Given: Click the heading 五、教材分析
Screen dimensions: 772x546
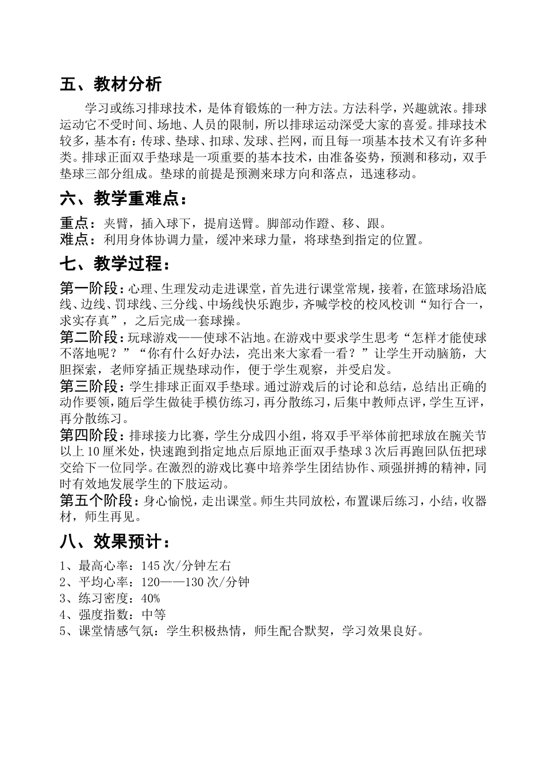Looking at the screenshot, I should [x=110, y=85].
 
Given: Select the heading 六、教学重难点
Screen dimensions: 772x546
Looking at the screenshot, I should [x=123, y=199].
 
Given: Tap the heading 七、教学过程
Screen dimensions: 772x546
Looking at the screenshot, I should [x=114, y=265].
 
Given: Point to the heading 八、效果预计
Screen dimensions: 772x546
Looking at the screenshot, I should [x=114, y=542].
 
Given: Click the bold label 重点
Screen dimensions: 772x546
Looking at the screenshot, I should [x=78, y=223].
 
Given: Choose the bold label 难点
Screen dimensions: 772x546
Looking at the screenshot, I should [x=78, y=239].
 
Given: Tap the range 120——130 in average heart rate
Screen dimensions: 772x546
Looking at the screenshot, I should [x=172, y=582].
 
